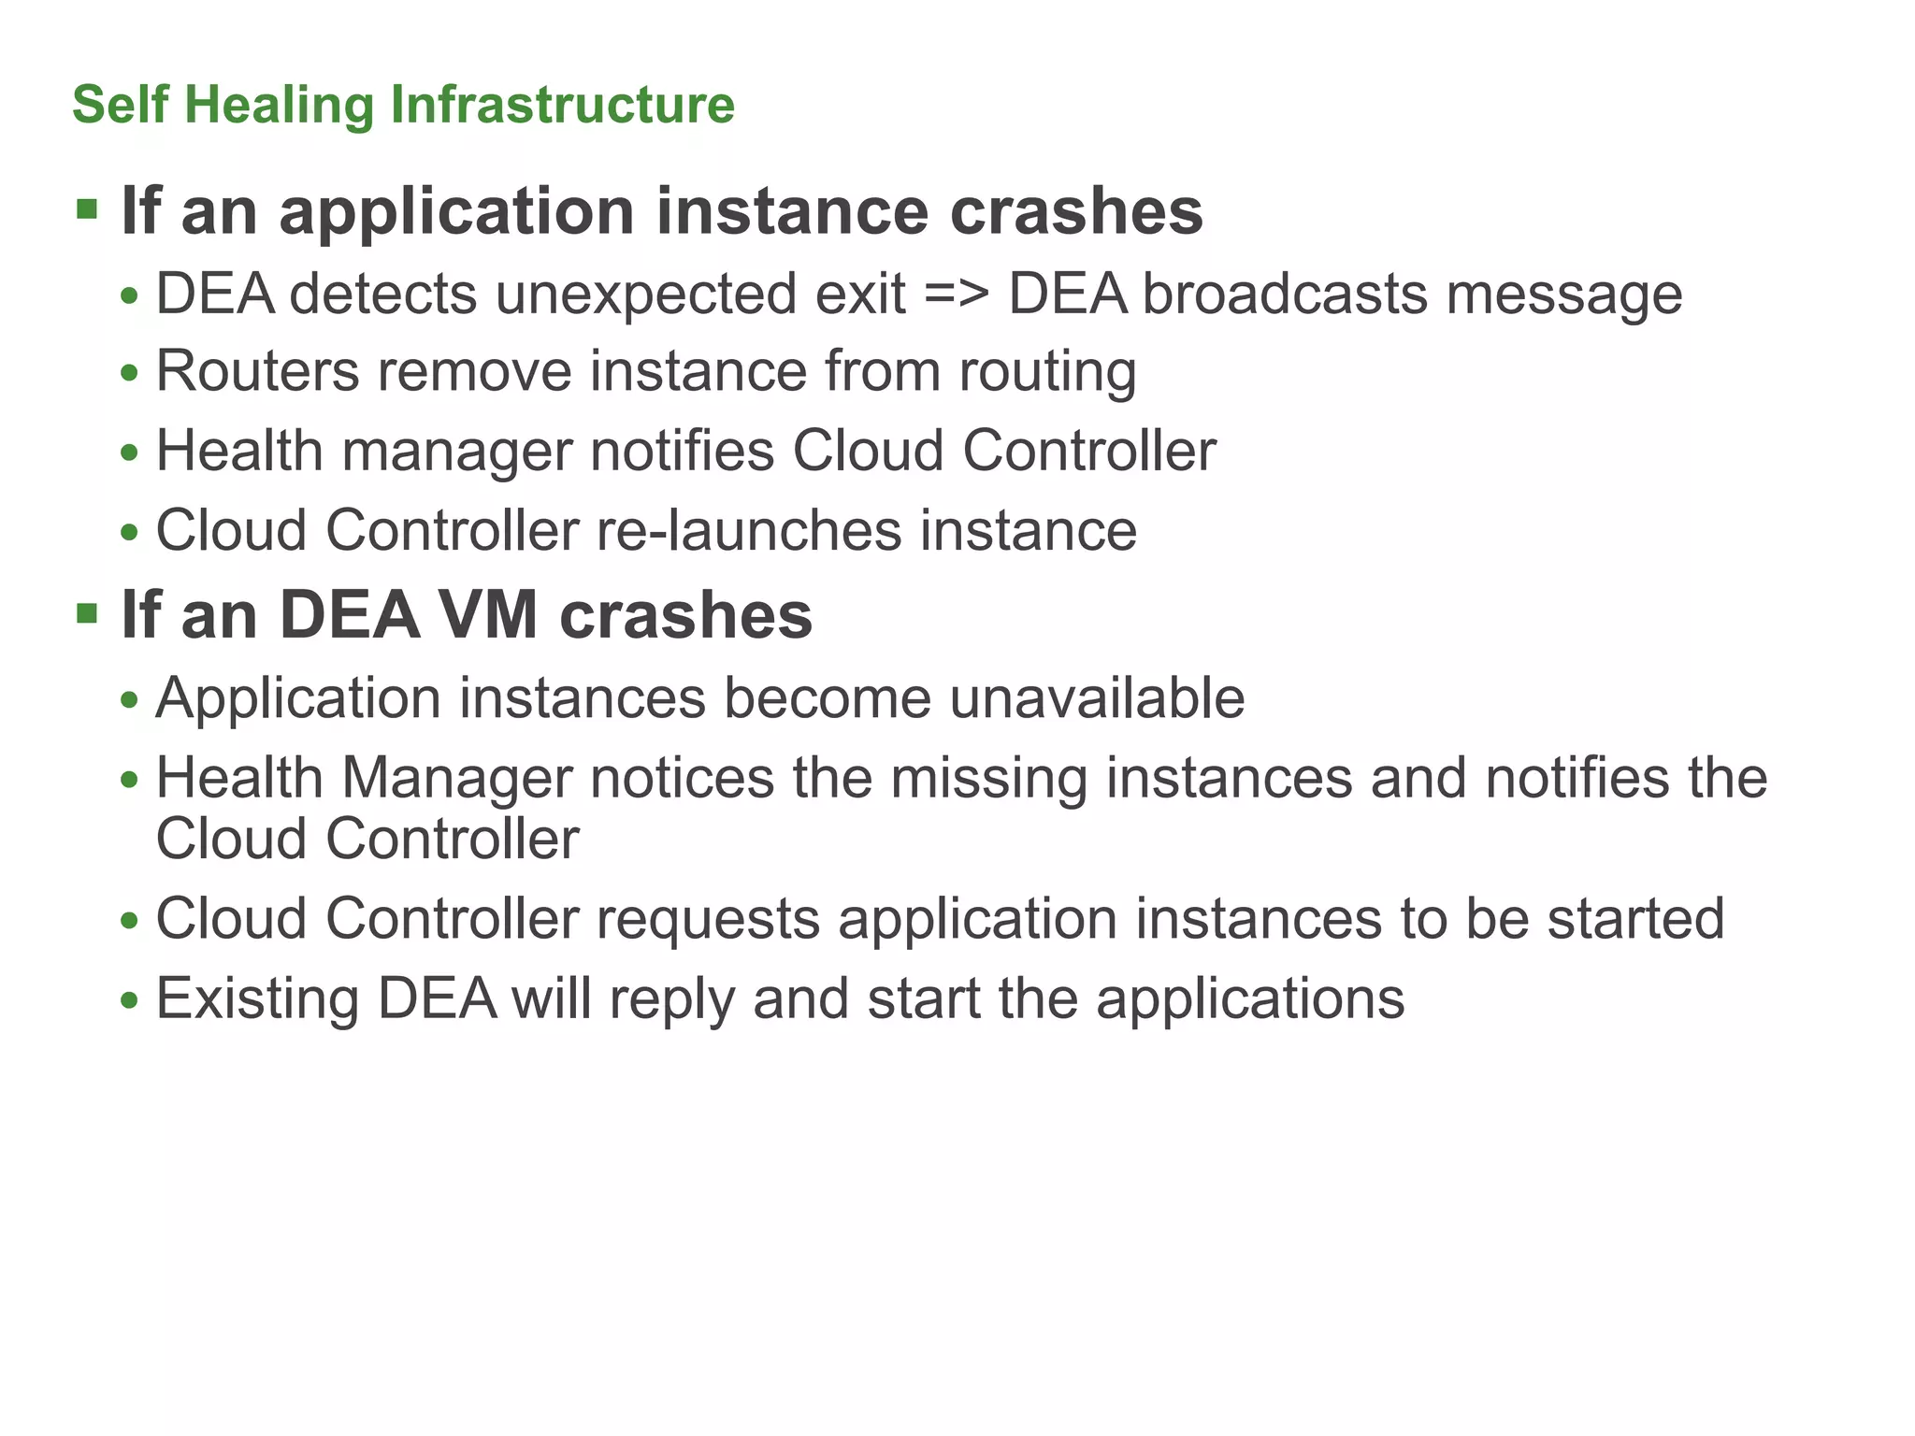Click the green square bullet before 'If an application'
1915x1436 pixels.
coord(87,208)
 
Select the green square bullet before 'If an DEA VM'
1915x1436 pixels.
coord(87,613)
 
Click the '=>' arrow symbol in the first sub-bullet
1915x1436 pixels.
coord(957,294)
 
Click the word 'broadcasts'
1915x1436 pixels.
coord(1285,294)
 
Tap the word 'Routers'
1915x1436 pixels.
coord(257,371)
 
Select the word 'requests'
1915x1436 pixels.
coord(709,920)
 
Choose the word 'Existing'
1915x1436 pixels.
coord(257,999)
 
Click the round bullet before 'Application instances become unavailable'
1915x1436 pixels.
coord(130,700)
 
